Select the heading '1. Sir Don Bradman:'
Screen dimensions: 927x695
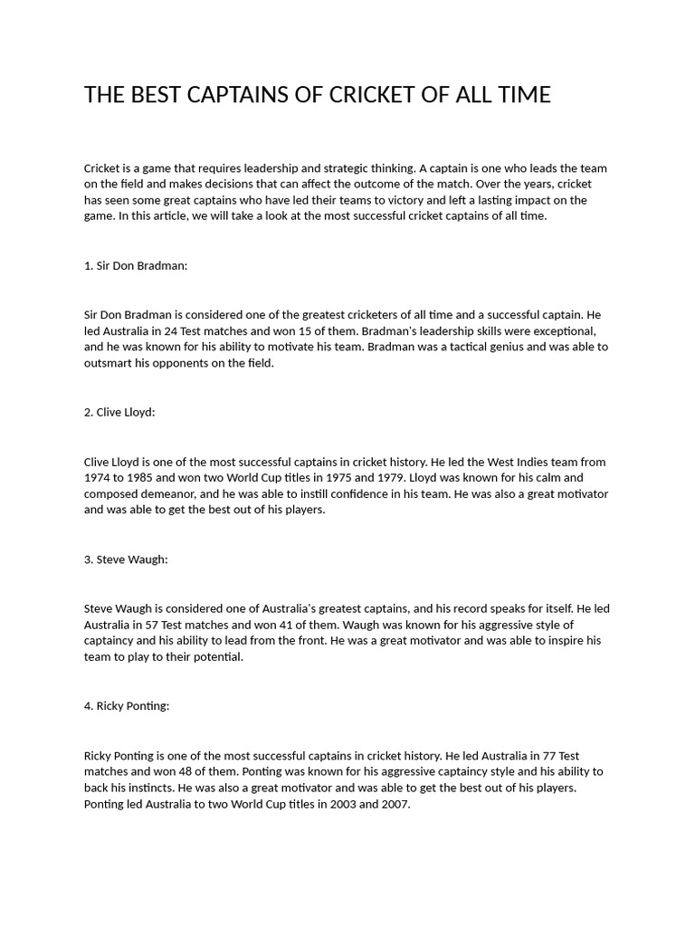pyautogui.click(x=136, y=265)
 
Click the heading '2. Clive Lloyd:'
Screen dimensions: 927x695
pyautogui.click(x=119, y=412)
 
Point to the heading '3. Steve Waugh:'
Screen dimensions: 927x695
pyautogui.click(x=126, y=559)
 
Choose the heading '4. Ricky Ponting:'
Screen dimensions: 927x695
pyautogui.click(x=127, y=706)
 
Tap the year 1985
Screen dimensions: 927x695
pyautogui.click(x=146, y=478)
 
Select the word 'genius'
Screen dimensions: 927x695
pyautogui.click(x=507, y=348)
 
